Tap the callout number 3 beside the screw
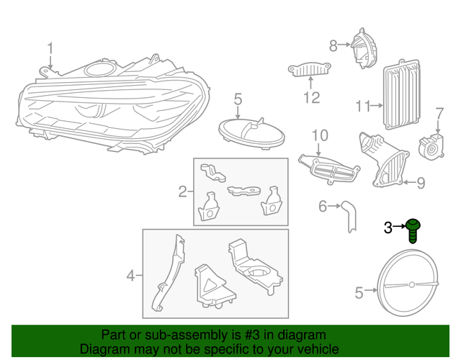pos(388,228)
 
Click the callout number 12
pos(310,97)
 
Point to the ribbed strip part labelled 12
pos(310,70)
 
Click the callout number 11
pos(361,107)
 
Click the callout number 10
pos(319,135)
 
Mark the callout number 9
pos(421,182)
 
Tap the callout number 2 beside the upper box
pos(182,192)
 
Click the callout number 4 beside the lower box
pos(130,274)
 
